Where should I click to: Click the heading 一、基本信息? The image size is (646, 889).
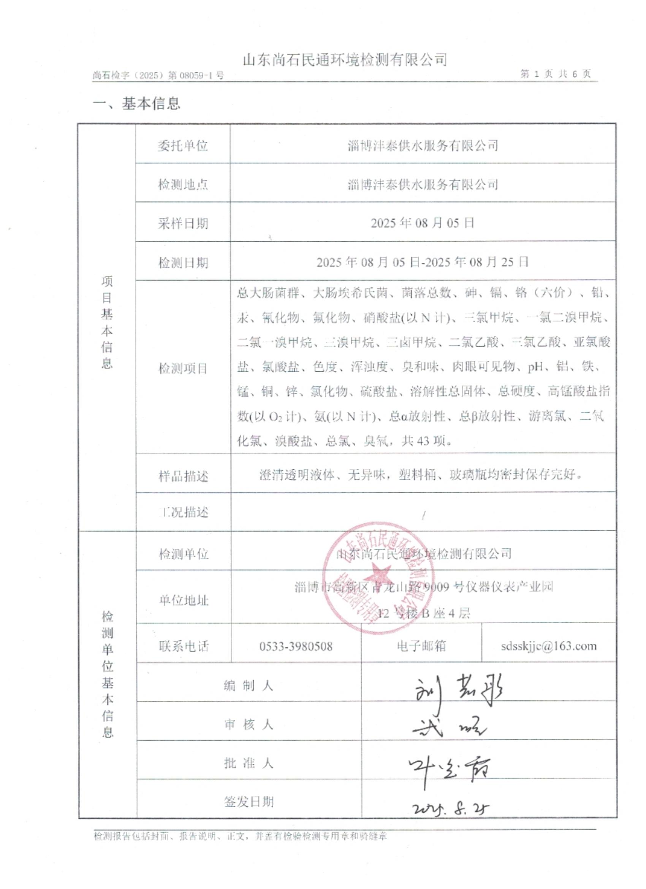click(136, 103)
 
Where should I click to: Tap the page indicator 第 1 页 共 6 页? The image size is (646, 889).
click(555, 74)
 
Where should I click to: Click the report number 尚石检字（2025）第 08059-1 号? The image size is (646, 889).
click(158, 75)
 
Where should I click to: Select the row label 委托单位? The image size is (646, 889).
click(182, 146)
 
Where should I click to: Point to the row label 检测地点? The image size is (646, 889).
click(182, 184)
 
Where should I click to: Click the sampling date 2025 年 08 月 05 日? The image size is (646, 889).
click(422, 223)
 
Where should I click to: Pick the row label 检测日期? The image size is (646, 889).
click(182, 263)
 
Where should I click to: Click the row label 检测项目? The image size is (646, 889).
click(182, 368)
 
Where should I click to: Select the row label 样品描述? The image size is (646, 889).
click(183, 476)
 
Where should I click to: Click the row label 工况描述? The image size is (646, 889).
click(183, 512)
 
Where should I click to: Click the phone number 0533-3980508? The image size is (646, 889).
click(296, 646)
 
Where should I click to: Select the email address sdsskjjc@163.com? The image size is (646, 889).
click(548, 646)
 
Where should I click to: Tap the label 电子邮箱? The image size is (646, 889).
click(421, 646)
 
